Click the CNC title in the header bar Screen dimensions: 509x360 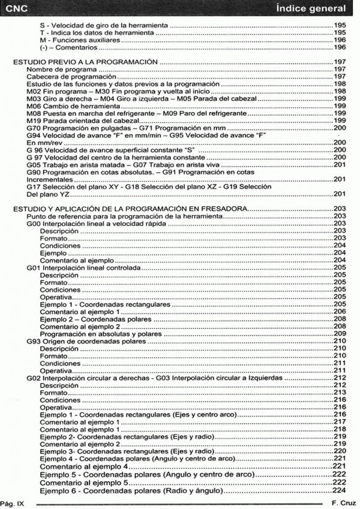point(16,8)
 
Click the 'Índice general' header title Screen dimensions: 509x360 point(311,8)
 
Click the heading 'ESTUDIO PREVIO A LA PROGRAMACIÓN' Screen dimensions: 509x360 point(85,62)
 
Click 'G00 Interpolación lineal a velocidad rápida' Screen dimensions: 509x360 point(97,222)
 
